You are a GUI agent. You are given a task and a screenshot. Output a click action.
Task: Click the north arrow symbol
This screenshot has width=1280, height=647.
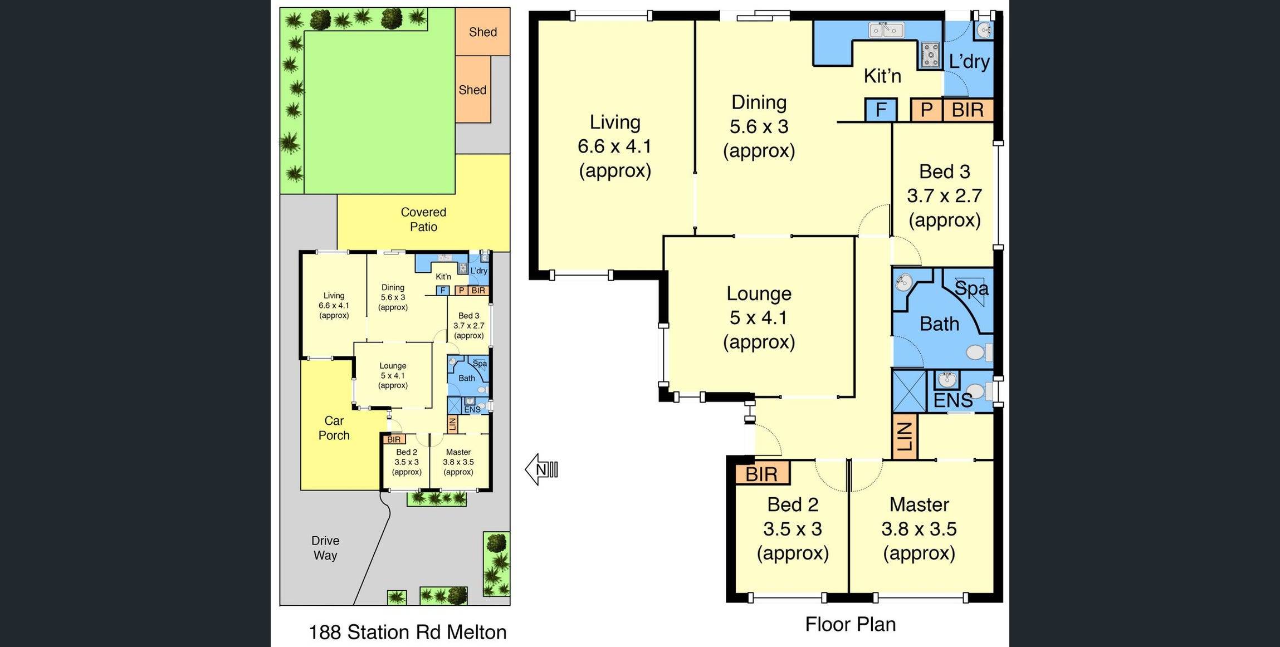click(541, 469)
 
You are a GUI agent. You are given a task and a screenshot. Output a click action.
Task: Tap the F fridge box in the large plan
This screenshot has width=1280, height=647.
click(881, 110)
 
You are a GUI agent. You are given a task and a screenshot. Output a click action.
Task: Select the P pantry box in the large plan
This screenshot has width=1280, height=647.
click(926, 110)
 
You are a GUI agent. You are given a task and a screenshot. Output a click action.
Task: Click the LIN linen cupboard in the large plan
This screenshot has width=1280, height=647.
click(905, 436)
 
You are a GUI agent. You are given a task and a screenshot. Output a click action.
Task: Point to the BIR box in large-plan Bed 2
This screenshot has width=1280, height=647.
click(761, 474)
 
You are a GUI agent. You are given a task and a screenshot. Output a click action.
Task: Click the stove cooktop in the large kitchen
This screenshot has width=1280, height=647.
click(930, 55)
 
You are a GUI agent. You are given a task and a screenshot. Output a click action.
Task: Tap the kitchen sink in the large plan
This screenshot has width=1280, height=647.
click(886, 30)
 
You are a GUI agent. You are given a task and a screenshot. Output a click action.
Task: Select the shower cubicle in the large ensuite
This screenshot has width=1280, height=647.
click(909, 391)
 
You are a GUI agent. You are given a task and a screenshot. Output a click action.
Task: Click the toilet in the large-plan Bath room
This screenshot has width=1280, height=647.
click(979, 352)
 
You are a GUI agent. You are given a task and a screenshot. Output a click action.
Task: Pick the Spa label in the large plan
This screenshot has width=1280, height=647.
click(971, 288)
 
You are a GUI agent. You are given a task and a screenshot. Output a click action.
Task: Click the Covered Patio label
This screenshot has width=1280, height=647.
click(423, 219)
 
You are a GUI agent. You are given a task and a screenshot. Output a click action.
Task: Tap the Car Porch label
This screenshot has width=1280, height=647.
click(334, 428)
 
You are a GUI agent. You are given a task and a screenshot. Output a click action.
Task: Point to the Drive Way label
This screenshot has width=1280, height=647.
click(325, 548)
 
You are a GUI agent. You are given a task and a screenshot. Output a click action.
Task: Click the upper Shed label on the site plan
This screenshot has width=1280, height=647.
click(483, 32)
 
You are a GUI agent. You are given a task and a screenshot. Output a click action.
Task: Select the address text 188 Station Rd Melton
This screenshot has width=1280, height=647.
click(408, 632)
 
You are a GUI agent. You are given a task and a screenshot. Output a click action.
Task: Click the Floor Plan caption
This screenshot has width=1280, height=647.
click(851, 624)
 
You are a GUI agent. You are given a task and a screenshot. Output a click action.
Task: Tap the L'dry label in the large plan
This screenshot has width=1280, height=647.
click(969, 62)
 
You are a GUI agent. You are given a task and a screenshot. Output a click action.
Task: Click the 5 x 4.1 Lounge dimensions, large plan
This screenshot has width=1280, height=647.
click(759, 317)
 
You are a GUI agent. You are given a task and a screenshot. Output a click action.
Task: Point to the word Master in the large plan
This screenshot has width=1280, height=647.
click(919, 504)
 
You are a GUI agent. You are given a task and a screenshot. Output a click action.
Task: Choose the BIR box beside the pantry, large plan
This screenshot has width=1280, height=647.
click(968, 110)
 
